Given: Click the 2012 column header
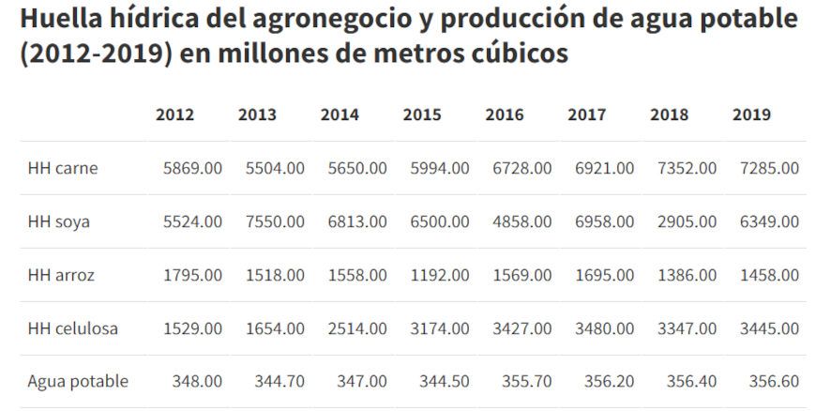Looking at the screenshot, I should click(174, 115).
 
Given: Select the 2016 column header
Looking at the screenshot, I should click(505, 115).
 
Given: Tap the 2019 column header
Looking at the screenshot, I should click(751, 115).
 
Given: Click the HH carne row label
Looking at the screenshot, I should click(63, 169).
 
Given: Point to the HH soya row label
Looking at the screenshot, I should click(61, 222).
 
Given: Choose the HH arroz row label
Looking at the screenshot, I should click(61, 276).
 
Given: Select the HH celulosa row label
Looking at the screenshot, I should click(73, 329).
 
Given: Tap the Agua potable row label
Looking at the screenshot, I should click(78, 382).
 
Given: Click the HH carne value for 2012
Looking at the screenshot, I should click(192, 169).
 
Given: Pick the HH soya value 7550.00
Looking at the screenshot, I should click(275, 222).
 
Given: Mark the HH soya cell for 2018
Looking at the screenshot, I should click(687, 222).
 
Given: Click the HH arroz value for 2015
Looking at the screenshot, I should click(439, 276).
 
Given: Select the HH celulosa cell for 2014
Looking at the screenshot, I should click(357, 329).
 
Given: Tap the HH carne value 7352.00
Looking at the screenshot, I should click(687, 169).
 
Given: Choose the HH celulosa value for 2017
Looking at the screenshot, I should click(604, 329).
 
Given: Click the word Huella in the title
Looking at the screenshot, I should click(59, 19).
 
